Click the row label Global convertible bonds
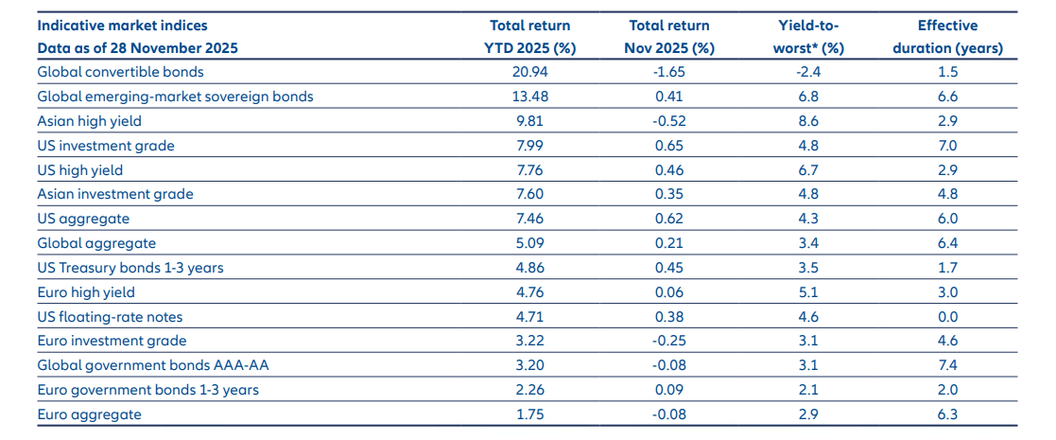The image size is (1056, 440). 120,72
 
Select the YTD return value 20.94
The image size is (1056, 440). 529,72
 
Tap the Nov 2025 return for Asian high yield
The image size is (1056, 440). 668,121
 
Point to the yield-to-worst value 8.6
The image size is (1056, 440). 809,121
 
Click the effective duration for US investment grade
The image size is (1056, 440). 947,146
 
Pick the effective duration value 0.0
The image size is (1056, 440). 947,316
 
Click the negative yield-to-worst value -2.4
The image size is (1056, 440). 809,72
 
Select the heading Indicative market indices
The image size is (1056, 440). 122,26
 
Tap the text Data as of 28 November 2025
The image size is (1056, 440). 138,48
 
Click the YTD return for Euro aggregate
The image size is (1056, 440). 529,414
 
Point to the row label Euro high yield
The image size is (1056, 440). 86,292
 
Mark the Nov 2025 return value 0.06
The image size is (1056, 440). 668,292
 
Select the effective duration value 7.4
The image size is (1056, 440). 947,365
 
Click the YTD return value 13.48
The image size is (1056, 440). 529,97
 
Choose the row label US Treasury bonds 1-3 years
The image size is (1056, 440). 130,268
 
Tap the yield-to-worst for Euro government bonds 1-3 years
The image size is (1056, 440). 809,390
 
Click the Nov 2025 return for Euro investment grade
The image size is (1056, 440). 668,341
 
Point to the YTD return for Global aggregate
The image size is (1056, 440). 529,243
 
